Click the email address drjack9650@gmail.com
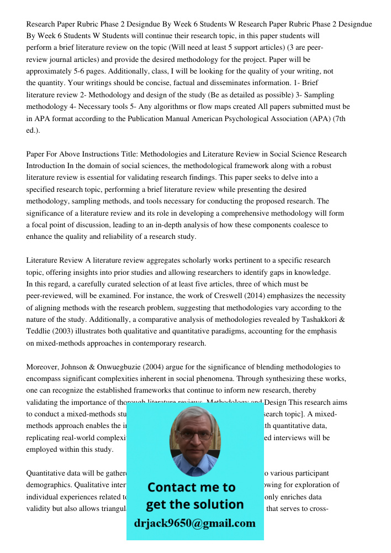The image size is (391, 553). tap(194, 523)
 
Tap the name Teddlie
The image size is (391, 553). tap(40, 331)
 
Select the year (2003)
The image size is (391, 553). tap(67, 331)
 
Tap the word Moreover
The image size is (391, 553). tap(42, 367)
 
